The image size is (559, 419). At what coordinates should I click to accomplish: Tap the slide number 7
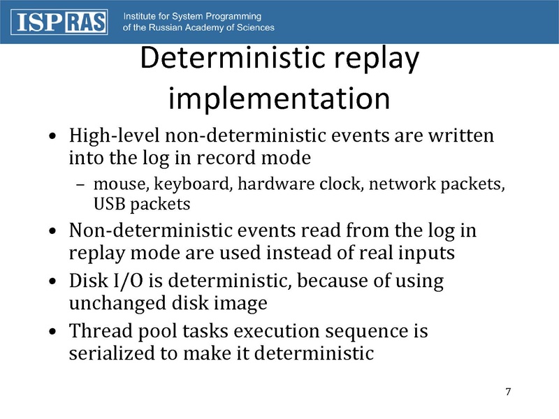508,391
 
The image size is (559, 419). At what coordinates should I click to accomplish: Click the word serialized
112,353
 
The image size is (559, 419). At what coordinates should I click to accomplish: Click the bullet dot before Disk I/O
55,283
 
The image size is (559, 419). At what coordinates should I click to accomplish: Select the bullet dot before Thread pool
55,332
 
